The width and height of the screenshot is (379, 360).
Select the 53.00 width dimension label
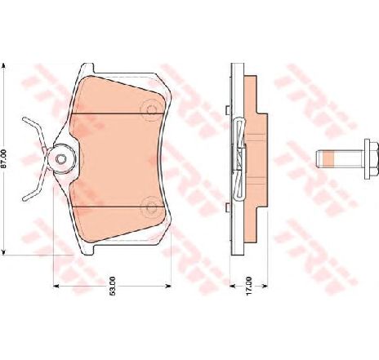pyautogui.click(x=113, y=286)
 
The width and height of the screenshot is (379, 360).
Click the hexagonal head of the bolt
pyautogui.click(x=372, y=159)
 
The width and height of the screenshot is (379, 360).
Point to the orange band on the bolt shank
pyautogui.click(x=328, y=159)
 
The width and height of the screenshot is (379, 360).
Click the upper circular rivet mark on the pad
pyautogui.click(x=149, y=109)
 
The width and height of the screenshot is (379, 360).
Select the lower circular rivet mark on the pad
pyautogui.click(x=150, y=207)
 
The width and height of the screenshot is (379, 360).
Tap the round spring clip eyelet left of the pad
pyautogui.click(x=61, y=158)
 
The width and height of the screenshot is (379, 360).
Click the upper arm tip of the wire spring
pyautogui.click(x=25, y=119)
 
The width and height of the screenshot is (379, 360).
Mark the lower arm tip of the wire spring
pyautogui.click(x=25, y=199)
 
